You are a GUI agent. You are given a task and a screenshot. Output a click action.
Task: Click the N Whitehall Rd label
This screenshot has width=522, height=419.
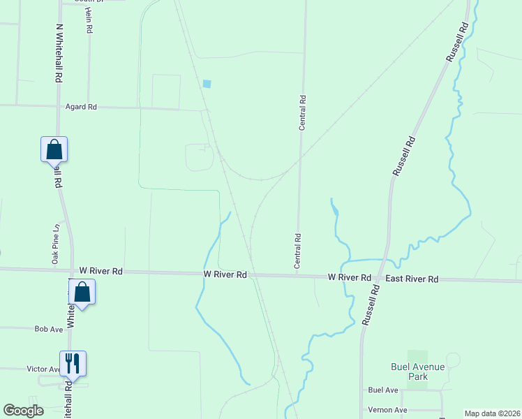tap(59, 54)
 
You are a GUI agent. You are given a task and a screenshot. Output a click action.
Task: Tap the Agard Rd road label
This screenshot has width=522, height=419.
tap(81, 107)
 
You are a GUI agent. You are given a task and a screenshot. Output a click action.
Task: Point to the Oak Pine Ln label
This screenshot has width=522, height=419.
tap(54, 244)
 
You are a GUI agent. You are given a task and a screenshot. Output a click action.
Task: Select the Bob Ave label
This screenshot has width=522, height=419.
tap(48, 328)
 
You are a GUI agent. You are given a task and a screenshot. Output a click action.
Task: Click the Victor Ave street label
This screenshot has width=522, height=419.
tap(44, 369)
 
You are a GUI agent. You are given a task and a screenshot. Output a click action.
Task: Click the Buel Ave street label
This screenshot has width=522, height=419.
tap(383, 390)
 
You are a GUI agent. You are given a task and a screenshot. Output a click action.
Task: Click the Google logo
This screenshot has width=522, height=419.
tap(23, 411)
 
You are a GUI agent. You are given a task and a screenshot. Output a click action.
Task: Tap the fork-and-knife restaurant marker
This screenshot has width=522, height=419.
tap(73, 362)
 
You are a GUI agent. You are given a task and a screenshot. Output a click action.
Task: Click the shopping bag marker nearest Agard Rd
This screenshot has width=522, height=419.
tap(54, 149)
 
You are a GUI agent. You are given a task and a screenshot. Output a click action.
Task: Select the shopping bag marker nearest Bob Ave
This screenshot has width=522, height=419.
tap(82, 291)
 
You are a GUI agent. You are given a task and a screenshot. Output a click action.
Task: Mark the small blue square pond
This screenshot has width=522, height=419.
tap(207, 84)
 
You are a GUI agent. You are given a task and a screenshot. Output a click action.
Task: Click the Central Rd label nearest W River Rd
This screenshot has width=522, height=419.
tap(298, 251)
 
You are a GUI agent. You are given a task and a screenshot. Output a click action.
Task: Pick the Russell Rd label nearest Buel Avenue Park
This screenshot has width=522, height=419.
tap(370, 305)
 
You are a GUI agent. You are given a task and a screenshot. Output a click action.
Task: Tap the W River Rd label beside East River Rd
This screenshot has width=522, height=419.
tap(350, 277)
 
